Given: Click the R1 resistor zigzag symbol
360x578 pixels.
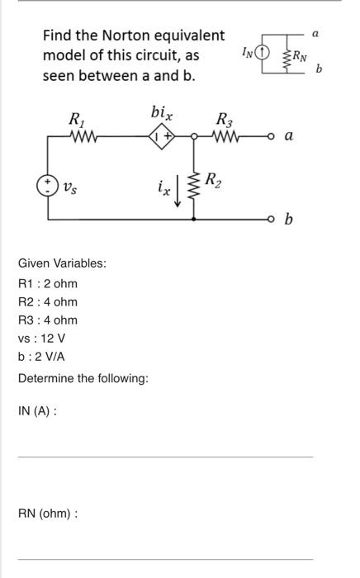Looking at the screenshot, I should tap(85, 140).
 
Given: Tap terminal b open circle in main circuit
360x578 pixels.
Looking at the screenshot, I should tap(269, 220).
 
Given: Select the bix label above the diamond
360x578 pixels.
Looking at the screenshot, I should tap(162, 112).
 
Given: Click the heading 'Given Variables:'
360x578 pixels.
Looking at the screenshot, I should tap(62, 263).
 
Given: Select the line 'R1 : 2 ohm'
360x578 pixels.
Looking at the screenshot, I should tap(48, 283).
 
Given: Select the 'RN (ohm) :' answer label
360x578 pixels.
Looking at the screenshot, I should tap(48, 513).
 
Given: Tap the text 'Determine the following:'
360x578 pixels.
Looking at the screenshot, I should tap(83, 377).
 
